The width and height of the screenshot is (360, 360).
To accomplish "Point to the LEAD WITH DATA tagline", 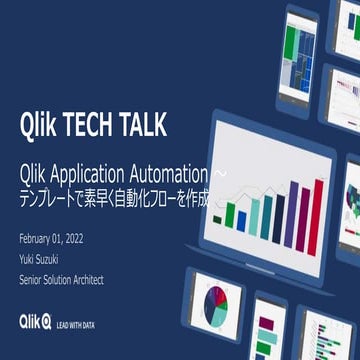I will click(x=77, y=324).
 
